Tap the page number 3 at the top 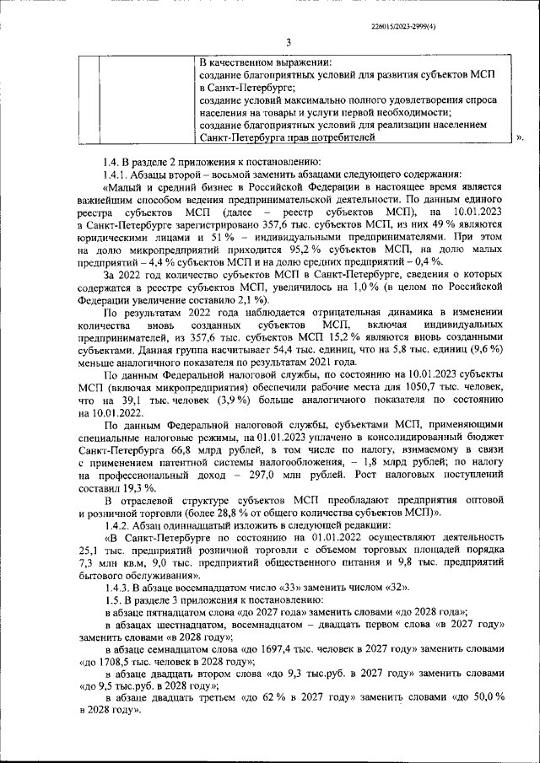coord(287,43)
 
